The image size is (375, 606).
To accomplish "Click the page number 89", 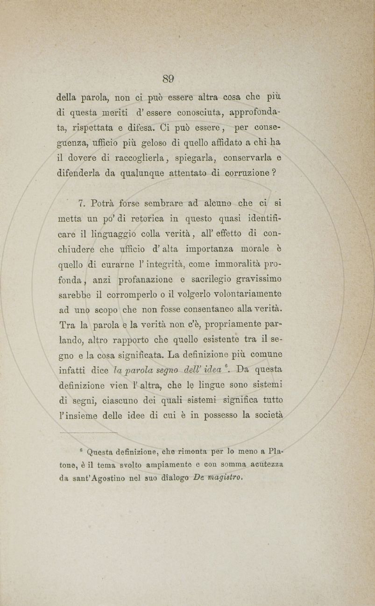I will coord(168,79).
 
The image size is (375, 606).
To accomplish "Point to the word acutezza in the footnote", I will coord(266,464).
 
